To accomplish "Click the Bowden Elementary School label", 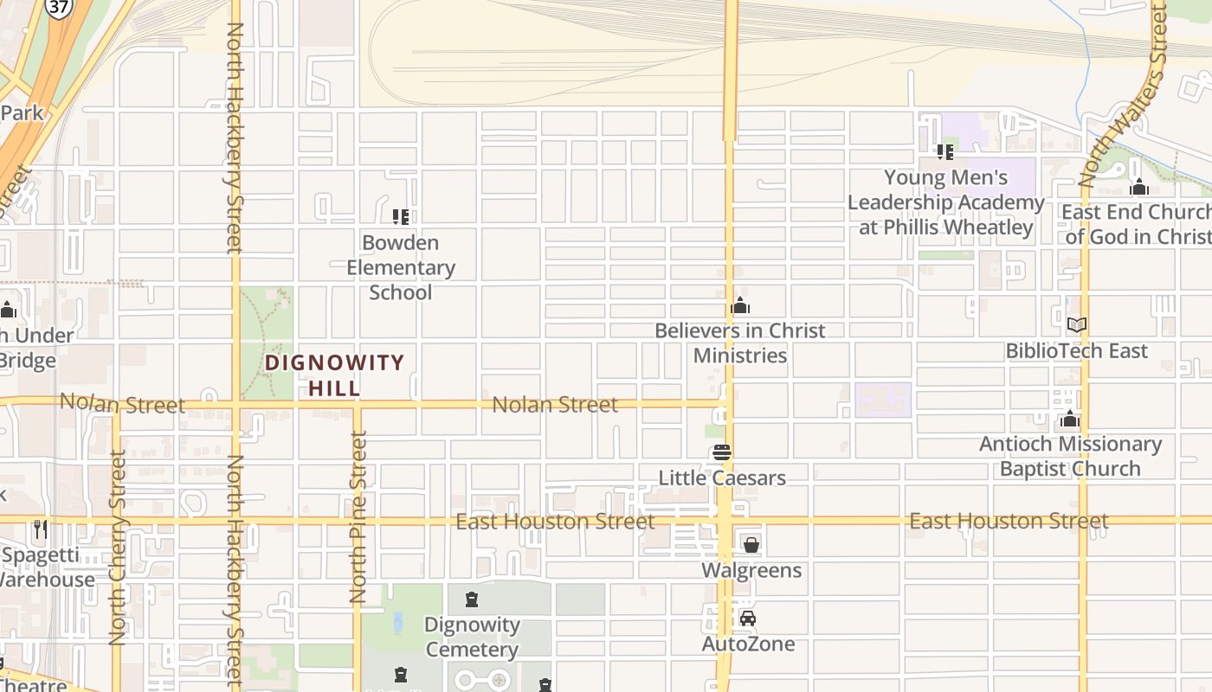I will point(400,267).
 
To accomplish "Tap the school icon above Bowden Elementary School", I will point(400,216).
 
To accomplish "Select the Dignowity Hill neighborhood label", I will point(334,375).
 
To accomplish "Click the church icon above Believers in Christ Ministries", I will point(740,305).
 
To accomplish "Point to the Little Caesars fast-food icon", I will point(721,452).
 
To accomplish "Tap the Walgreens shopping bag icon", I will point(751,545).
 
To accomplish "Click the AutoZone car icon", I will point(748,618).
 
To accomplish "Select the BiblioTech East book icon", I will point(1076,325).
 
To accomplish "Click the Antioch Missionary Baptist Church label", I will point(1070,456).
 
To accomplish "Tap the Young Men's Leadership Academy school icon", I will point(944,152).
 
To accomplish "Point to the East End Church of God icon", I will point(1139,187).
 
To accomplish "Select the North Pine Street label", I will point(358,516).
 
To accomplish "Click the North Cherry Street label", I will point(118,547).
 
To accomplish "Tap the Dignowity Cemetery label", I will point(472,637).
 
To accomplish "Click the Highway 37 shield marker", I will point(59,8).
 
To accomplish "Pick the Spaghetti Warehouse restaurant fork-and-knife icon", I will point(41,528).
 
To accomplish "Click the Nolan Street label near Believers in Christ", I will point(555,404).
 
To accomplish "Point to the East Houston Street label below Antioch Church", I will point(1009,521).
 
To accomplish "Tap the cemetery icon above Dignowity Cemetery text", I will point(472,599).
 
